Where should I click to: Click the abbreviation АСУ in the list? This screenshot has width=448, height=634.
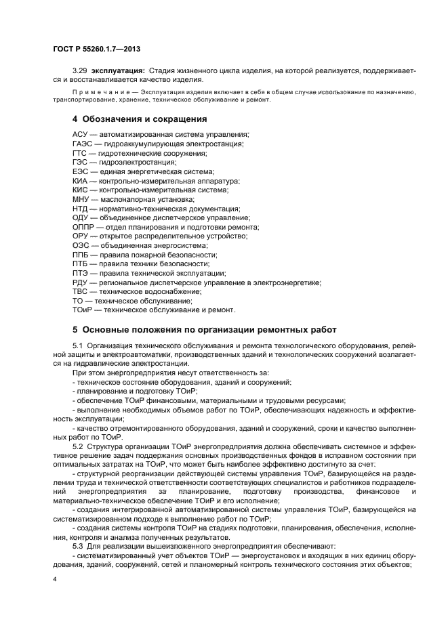81,134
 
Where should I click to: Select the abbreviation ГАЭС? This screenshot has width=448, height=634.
83,144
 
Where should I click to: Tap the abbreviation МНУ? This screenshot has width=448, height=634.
81,199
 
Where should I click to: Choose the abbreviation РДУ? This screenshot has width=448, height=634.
81,282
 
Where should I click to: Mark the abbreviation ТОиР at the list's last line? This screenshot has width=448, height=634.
83,310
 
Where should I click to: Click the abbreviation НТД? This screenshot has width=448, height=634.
81,209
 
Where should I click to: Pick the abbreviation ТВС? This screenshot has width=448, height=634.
81,291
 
